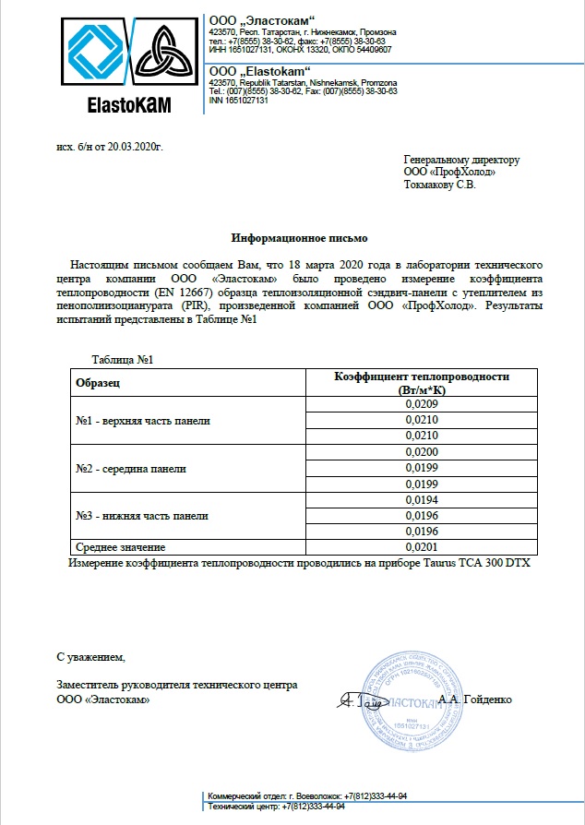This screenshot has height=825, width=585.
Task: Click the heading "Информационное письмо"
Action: click(292, 236)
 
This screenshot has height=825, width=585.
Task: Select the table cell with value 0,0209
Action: click(421, 404)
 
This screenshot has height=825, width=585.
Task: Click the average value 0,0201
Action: click(421, 548)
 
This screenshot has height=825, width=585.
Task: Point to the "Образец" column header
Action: click(99, 381)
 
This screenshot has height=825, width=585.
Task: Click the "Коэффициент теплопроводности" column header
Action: click(421, 377)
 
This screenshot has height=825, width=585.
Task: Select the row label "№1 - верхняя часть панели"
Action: click(143, 421)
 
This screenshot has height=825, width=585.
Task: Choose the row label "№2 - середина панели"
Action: click(131, 469)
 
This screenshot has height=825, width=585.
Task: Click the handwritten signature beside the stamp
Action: click(358, 702)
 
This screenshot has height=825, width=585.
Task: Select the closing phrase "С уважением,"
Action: click(90, 658)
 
